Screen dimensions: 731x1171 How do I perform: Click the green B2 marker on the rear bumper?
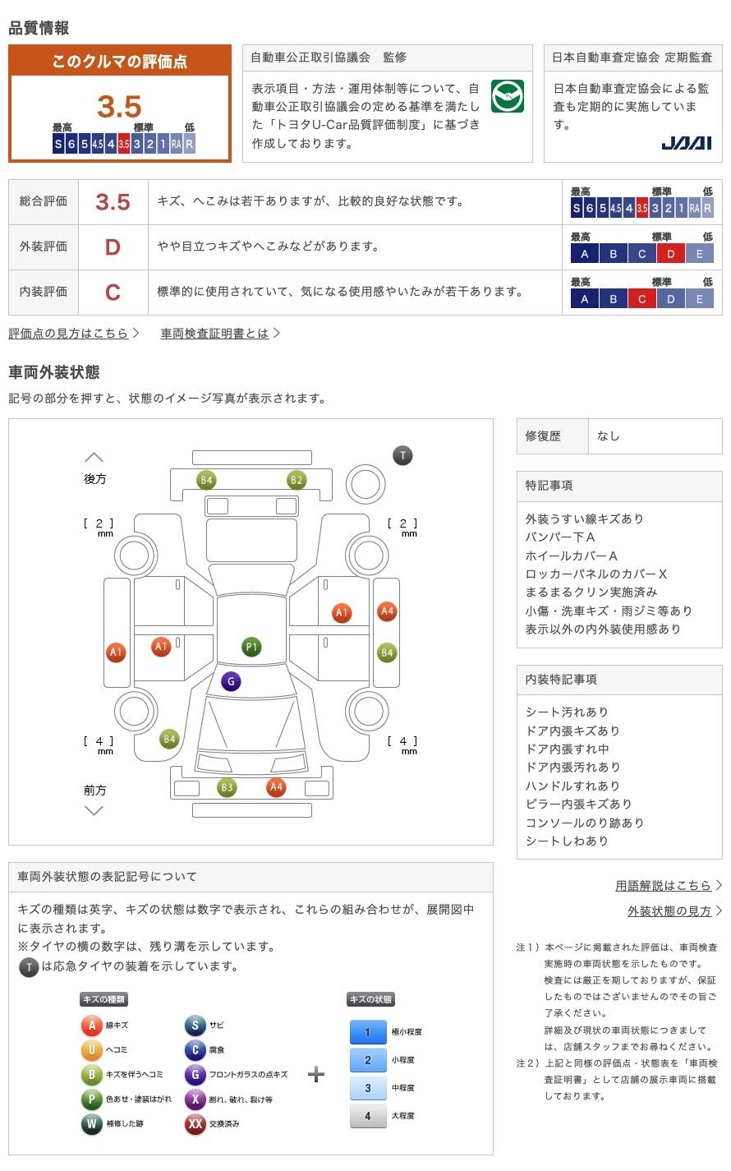point(297,480)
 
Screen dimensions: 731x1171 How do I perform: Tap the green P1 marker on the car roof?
point(251,647)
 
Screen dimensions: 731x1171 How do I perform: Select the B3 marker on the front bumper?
point(227,787)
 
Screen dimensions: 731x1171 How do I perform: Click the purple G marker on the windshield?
point(231,681)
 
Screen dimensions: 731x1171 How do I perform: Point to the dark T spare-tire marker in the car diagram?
point(402,455)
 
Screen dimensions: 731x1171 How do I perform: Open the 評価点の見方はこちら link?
point(68,333)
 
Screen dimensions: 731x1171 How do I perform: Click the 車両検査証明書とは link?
point(214,333)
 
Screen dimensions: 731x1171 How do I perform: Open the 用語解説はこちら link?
point(663,885)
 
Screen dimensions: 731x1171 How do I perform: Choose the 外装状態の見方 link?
point(669,911)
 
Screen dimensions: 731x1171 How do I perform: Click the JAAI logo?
point(686,143)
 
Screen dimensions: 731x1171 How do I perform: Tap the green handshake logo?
point(508,96)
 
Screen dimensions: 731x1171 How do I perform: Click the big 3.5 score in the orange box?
point(119,106)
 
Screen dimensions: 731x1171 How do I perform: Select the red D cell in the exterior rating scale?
point(670,254)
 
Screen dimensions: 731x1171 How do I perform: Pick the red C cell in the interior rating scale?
point(641,299)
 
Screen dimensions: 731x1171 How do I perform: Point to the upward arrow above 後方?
point(94,458)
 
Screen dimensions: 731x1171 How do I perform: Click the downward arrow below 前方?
point(94,810)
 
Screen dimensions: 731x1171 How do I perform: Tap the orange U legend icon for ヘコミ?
point(91,1049)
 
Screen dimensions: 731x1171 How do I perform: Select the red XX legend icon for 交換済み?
point(195,1123)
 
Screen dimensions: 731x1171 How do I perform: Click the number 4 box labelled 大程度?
point(368,1116)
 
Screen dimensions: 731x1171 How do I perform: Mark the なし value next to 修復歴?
point(609,436)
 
